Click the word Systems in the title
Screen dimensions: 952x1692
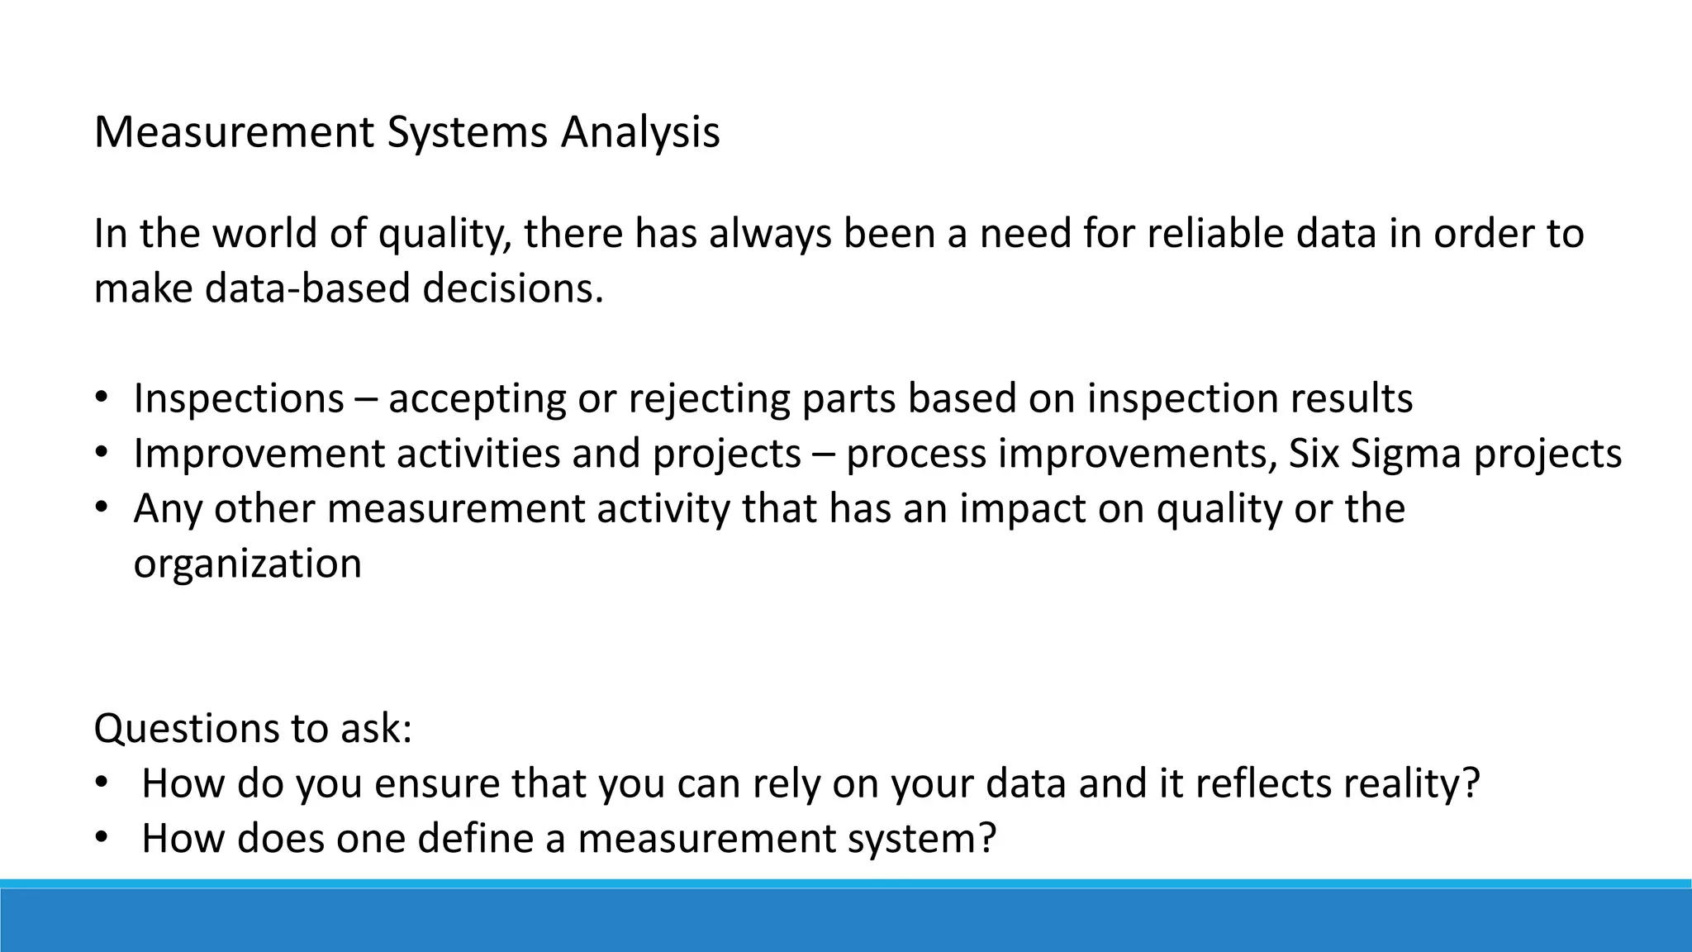coord(467,133)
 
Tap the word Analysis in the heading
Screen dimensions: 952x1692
coord(640,133)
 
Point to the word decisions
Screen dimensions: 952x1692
coord(513,288)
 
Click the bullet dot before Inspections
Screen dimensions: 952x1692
coord(101,398)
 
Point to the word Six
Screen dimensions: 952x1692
coord(1314,454)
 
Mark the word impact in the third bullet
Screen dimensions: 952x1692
coord(1022,508)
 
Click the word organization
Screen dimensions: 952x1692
coord(247,564)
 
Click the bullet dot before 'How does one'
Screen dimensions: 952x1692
coord(101,838)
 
